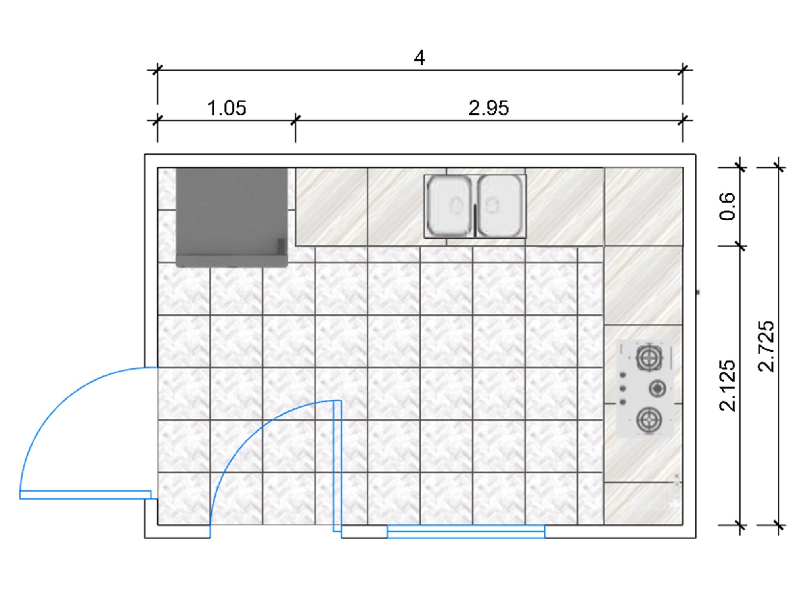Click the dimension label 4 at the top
point(419,58)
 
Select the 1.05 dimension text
point(227,108)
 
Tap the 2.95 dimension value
point(488,108)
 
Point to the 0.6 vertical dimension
point(728,206)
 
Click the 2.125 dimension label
point(728,385)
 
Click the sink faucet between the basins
point(475,220)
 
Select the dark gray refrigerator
point(232,217)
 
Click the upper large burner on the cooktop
point(649,358)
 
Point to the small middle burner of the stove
point(657,389)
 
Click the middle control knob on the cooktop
point(623,388)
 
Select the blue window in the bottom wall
point(466,531)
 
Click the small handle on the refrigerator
point(281,247)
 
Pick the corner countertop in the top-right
point(643,207)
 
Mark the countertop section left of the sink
point(331,207)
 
